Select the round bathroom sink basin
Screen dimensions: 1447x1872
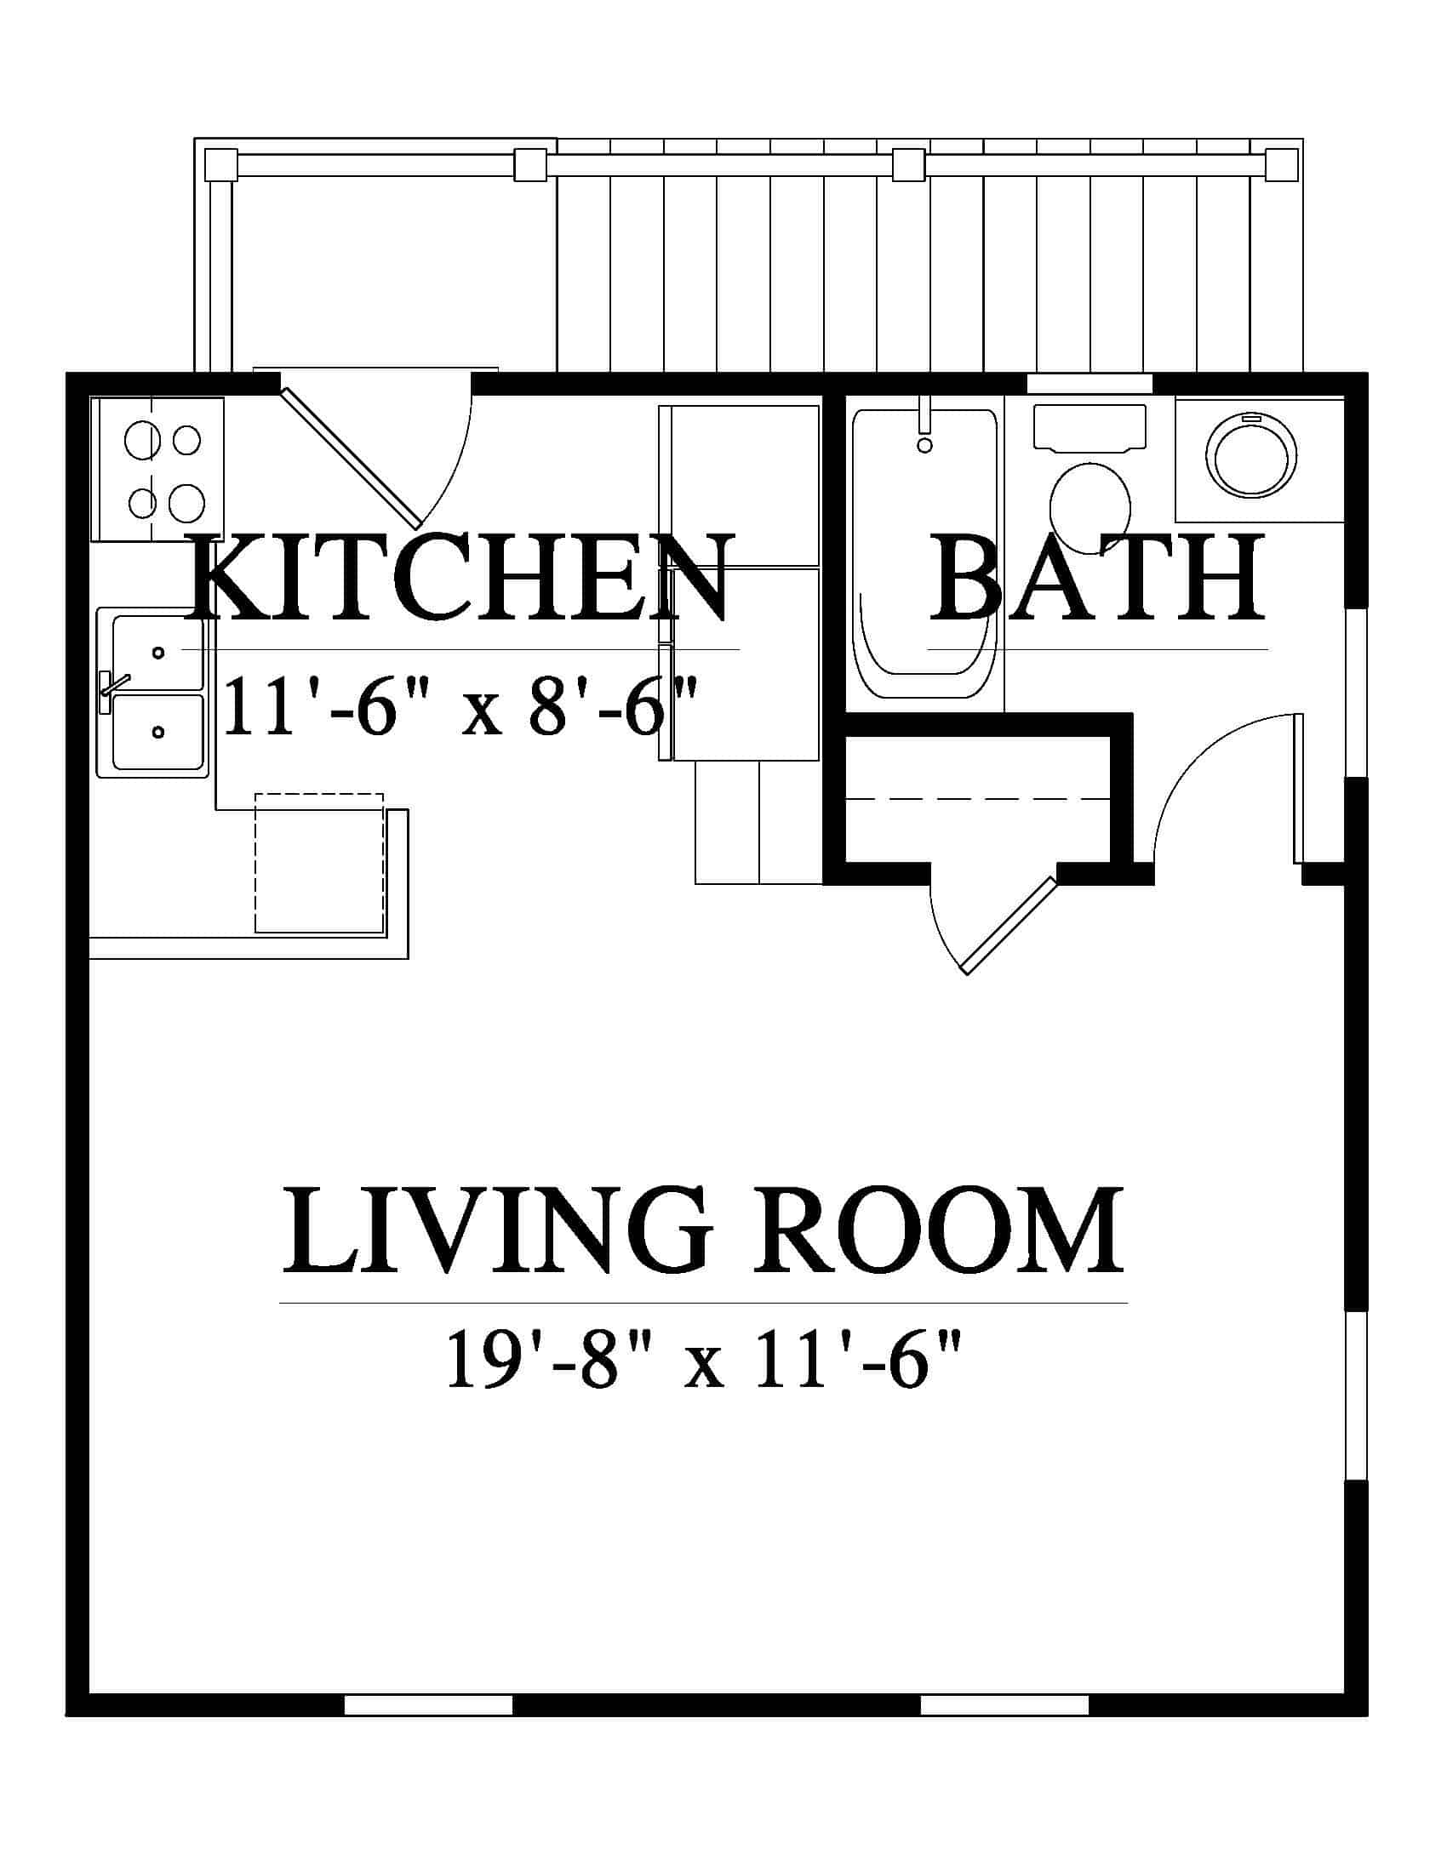point(1250,457)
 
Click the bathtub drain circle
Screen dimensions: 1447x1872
point(924,445)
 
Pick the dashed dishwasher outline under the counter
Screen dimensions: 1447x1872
point(319,862)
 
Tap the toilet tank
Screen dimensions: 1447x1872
point(1090,427)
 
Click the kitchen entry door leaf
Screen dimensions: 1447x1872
point(351,456)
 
